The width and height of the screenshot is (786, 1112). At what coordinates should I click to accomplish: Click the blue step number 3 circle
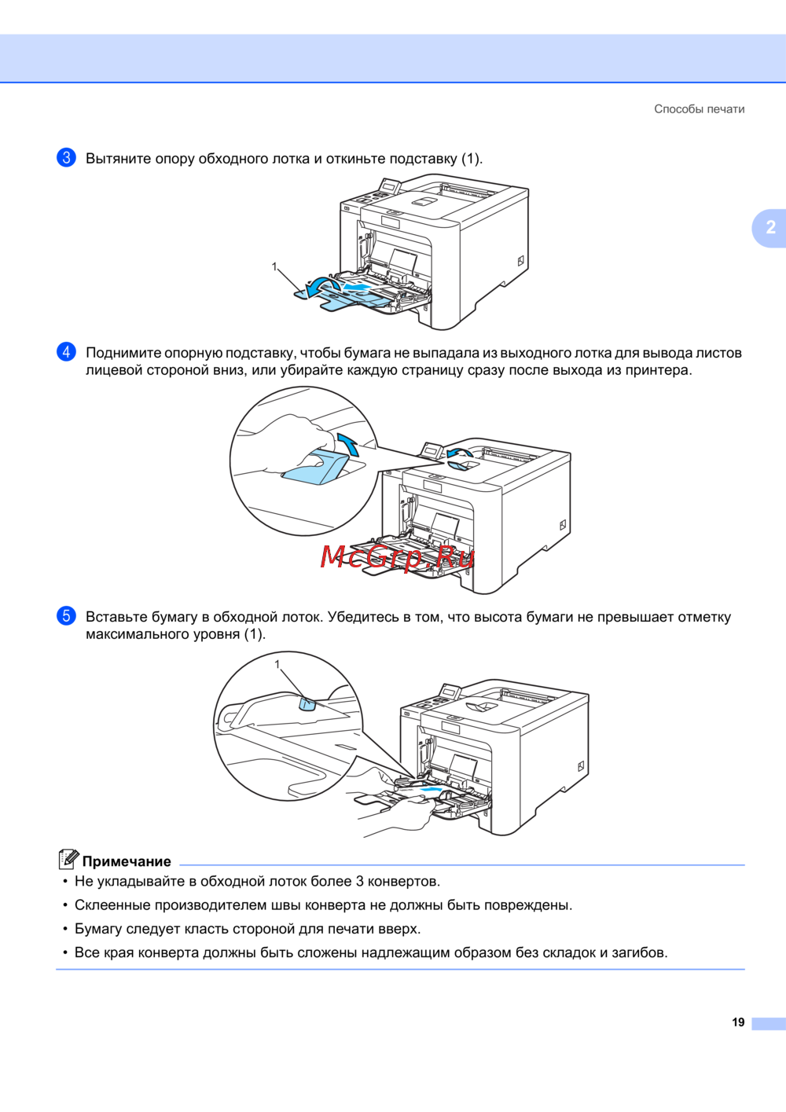[66, 158]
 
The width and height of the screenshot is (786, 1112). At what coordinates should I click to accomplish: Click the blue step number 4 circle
[66, 352]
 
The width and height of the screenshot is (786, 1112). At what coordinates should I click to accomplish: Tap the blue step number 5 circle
[66, 616]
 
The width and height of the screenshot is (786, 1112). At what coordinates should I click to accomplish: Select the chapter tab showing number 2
[770, 228]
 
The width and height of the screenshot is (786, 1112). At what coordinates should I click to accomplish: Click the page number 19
[738, 1022]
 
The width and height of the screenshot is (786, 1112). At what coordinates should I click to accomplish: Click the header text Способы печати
[699, 109]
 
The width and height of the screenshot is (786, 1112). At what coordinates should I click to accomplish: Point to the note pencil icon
[68, 859]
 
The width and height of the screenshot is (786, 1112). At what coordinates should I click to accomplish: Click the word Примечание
[127, 861]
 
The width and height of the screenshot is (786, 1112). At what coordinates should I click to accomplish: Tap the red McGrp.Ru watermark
[397, 557]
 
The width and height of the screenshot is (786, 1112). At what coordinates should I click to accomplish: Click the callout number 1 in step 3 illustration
[274, 266]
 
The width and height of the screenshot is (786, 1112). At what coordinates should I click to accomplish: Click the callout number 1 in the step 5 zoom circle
[277, 664]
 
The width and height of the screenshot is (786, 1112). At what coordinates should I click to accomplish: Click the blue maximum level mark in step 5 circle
[307, 704]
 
